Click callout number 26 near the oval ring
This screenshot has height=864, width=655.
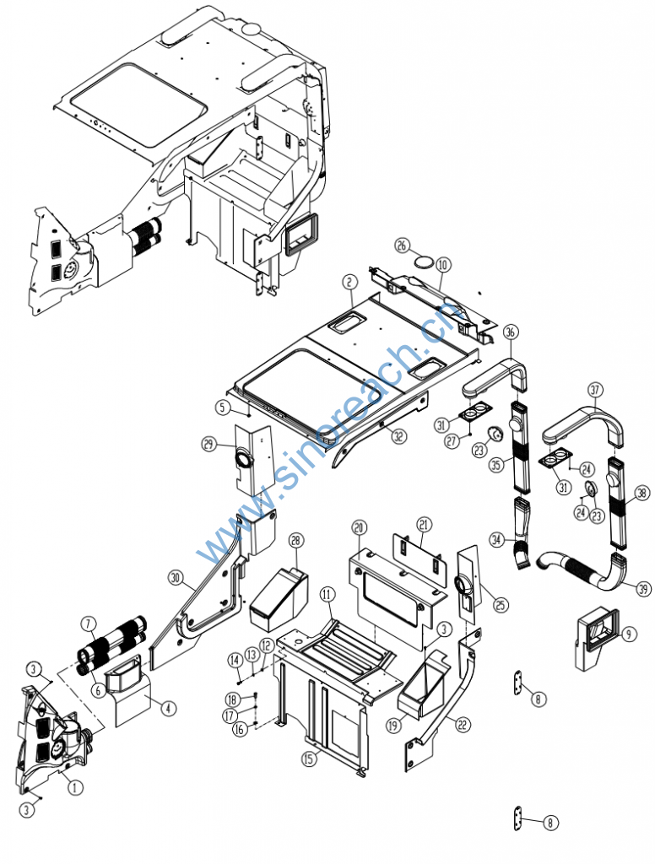click(403, 246)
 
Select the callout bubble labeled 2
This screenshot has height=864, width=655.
click(348, 281)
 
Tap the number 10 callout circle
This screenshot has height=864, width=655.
click(444, 265)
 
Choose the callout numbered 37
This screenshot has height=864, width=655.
click(596, 390)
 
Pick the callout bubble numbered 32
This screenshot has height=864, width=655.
click(398, 436)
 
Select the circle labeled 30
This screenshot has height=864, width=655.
click(175, 578)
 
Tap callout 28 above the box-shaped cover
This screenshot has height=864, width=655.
click(295, 540)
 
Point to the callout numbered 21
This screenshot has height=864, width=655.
click(424, 524)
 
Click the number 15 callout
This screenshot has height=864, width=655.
click(311, 757)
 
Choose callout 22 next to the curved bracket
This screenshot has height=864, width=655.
click(462, 723)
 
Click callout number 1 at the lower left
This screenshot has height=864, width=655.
click(75, 787)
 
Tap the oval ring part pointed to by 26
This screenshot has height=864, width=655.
click(425, 262)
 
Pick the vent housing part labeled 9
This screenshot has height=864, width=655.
click(595, 640)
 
